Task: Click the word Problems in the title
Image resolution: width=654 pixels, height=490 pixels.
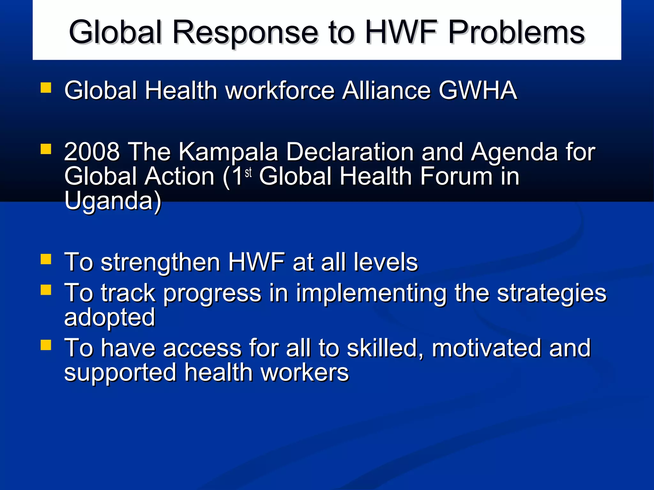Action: tap(516, 32)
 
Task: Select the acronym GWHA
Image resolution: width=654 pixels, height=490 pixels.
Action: tap(478, 90)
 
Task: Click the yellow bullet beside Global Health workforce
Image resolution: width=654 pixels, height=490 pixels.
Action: tap(46, 88)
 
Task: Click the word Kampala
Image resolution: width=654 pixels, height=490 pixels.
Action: tap(228, 152)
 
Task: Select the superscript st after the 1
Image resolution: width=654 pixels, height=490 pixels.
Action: tap(248, 173)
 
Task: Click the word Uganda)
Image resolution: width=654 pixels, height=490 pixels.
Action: tap(113, 201)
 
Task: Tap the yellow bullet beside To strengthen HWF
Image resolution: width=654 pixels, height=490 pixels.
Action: tap(46, 259)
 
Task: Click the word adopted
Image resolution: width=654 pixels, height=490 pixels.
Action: tap(110, 317)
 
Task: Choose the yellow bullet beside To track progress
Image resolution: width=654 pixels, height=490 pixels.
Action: tap(46, 290)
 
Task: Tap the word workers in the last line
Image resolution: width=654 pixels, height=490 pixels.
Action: tap(305, 372)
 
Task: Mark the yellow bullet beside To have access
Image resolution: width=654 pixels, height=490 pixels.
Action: tap(46, 345)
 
